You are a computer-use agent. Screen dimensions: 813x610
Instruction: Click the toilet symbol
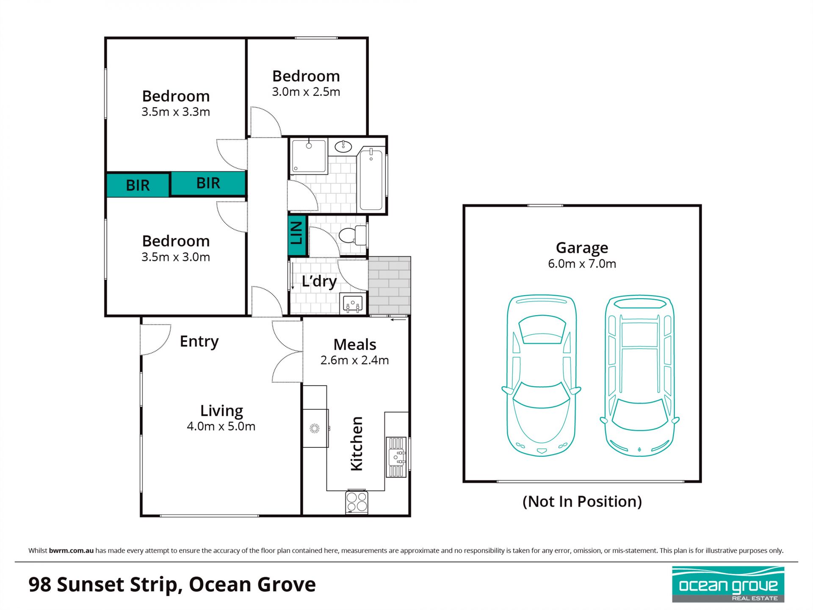(353, 235)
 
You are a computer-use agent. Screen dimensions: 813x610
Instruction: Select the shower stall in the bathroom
(309, 155)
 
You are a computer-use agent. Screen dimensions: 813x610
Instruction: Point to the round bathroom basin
(343, 147)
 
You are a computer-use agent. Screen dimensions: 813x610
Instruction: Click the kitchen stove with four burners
(357, 502)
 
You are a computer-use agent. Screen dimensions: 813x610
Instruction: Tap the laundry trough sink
(353, 304)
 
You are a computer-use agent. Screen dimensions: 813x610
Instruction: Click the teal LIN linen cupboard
(297, 236)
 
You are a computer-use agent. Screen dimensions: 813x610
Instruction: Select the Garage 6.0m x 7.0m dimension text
(582, 263)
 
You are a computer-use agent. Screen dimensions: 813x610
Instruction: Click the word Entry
(199, 341)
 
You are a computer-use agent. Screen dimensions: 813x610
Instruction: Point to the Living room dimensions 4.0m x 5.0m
(221, 426)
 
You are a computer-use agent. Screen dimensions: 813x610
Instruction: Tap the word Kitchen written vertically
(357, 444)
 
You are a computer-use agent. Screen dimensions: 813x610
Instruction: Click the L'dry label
(319, 281)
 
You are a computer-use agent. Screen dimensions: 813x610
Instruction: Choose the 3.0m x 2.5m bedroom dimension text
(306, 91)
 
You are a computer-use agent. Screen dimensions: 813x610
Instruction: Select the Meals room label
(355, 344)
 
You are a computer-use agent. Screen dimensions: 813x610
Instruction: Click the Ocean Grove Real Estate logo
(728, 585)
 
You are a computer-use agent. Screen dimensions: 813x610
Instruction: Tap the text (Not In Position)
(582, 502)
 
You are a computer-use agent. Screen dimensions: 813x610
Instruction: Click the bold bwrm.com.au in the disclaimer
(71, 551)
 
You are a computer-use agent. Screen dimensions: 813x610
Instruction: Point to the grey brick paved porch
(389, 286)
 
